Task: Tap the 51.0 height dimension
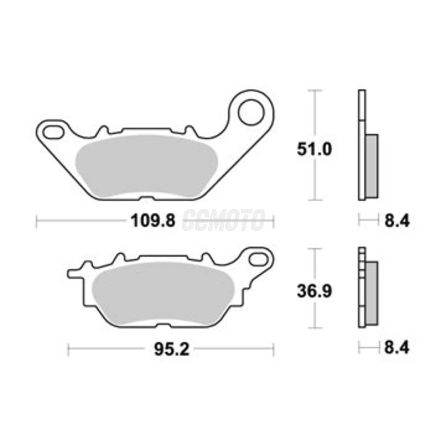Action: coord(314,149)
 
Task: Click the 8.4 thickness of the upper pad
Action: coord(397,221)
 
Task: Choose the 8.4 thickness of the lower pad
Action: coord(397,348)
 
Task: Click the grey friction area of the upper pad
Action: coord(146,166)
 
